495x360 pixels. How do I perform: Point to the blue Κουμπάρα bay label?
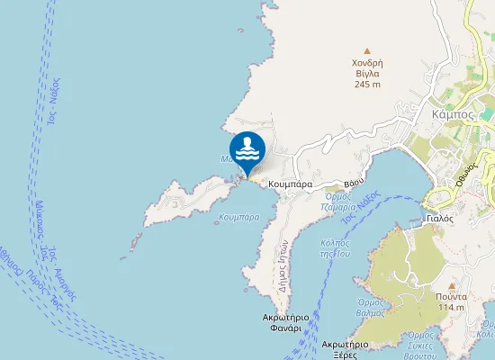[x=238, y=217]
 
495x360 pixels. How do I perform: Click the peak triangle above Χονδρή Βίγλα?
[x=366, y=50]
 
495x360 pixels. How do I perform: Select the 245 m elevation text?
[x=366, y=85]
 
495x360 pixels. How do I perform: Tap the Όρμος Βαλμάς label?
[x=371, y=308]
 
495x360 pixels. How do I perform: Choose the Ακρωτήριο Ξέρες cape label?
[x=346, y=349]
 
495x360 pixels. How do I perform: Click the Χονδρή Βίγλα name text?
[x=367, y=68]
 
